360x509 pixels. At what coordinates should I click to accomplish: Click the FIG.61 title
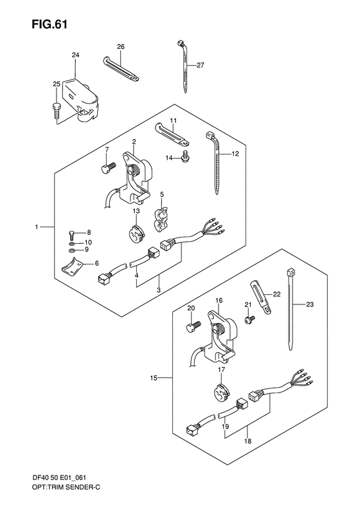50,24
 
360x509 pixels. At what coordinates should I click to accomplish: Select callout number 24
75,55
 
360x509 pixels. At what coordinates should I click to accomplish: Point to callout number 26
121,47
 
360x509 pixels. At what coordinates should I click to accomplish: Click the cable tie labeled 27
183,66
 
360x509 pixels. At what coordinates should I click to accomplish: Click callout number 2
134,141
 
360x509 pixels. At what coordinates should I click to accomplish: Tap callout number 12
235,154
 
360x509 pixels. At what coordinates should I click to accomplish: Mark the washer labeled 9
71,250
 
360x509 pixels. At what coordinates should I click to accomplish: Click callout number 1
37,227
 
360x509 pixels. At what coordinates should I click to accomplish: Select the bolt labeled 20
194,326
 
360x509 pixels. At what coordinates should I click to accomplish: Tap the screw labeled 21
249,319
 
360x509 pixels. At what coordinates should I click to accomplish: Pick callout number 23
310,304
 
